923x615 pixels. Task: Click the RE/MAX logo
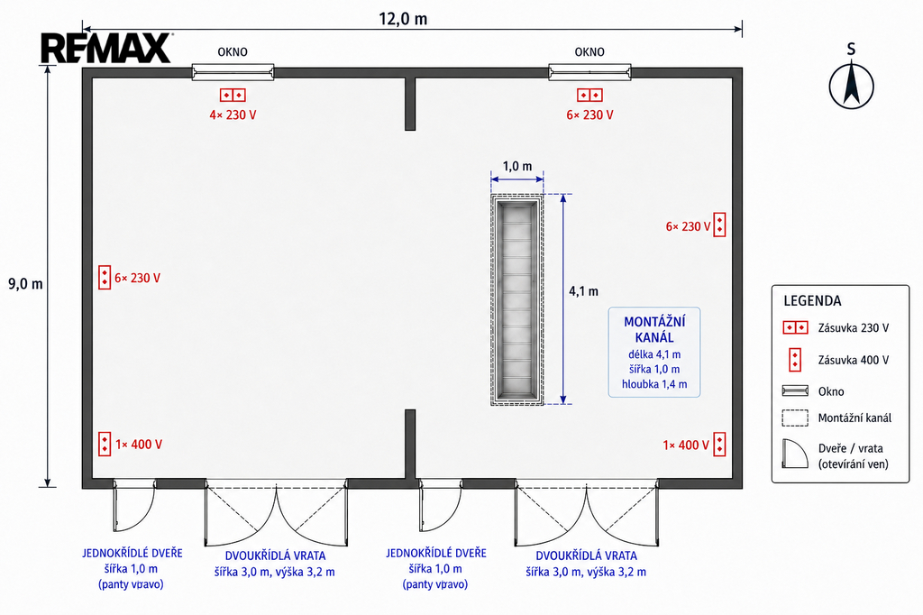click(106, 49)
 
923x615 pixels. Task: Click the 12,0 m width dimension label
click(403, 19)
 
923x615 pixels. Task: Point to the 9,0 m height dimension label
click(25, 284)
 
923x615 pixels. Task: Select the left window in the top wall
click(233, 72)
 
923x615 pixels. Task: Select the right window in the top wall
click(589, 72)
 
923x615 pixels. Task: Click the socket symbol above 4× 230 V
click(233, 95)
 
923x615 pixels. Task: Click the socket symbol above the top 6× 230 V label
click(589, 95)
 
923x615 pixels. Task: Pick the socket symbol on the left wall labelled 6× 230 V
click(105, 278)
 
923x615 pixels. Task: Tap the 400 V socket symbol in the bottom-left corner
click(105, 445)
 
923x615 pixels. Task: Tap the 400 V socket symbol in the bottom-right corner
click(719, 445)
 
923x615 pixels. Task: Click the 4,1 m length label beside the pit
click(583, 291)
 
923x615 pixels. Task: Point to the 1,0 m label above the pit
click(517, 166)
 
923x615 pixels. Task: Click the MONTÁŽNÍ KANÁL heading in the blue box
click(654, 329)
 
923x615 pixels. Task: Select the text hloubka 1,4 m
click(654, 384)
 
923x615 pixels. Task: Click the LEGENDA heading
click(812, 301)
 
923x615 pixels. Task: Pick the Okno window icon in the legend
click(795, 391)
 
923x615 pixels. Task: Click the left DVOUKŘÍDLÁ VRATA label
click(276, 555)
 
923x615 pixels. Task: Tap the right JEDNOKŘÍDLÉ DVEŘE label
click(436, 553)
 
